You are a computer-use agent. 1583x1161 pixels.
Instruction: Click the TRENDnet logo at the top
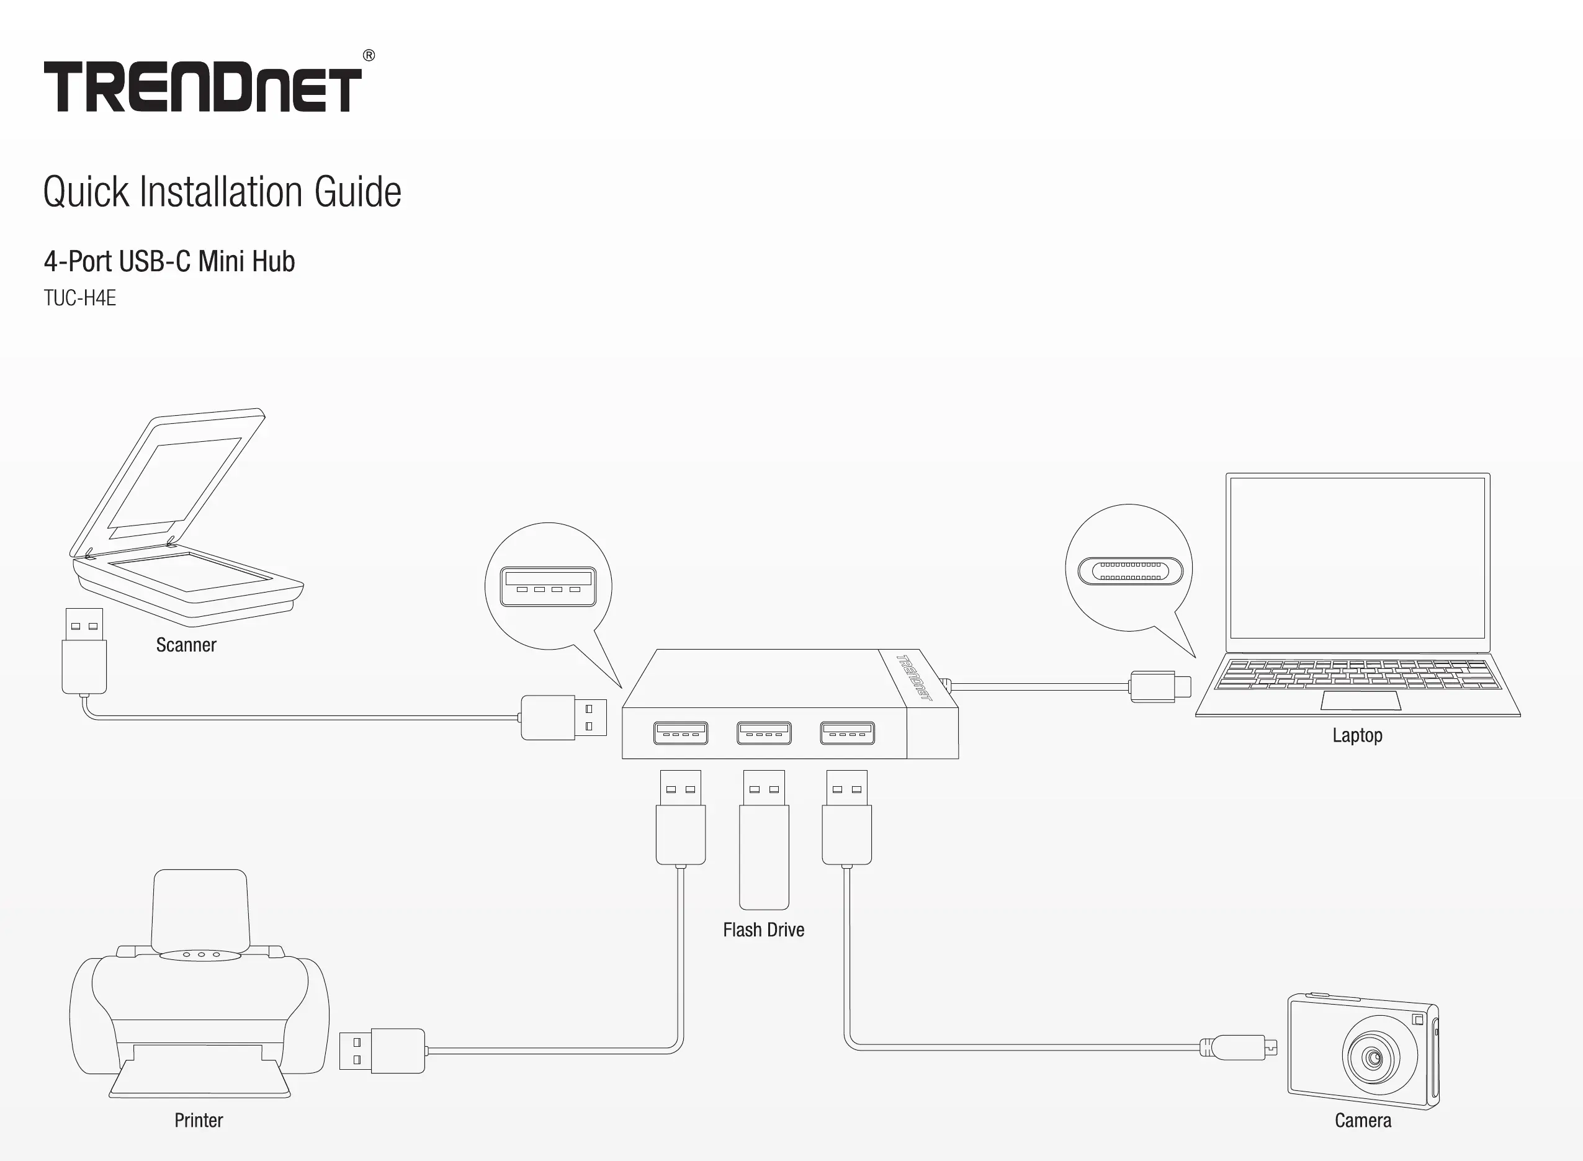202,87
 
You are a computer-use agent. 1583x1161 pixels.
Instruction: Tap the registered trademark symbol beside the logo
369,55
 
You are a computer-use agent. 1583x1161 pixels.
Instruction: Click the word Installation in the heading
222,192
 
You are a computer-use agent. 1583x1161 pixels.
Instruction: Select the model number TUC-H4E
79,298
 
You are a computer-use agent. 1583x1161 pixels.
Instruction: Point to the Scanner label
186,645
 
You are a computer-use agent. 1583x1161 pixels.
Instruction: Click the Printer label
199,1120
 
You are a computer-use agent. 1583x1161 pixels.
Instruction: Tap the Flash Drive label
764,930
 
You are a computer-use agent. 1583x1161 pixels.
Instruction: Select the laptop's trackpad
1361,701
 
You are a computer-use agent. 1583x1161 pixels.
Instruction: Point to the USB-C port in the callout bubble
1130,571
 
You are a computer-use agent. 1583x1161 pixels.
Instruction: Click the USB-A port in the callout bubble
548,587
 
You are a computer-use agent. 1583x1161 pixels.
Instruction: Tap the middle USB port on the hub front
764,733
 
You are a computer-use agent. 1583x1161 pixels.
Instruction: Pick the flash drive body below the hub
764,854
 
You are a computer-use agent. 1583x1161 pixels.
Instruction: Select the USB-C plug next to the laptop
1159,687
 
